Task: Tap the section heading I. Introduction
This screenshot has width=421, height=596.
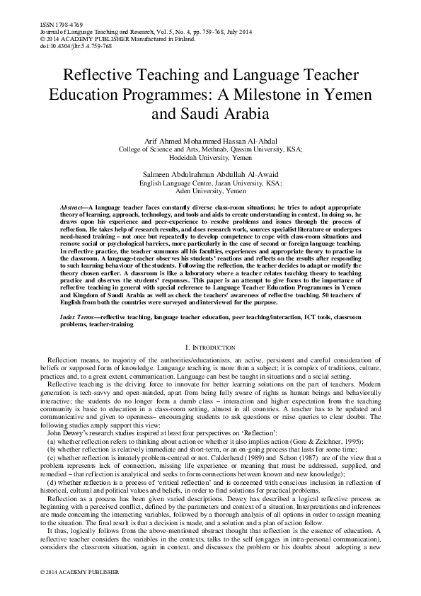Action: (210, 348)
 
